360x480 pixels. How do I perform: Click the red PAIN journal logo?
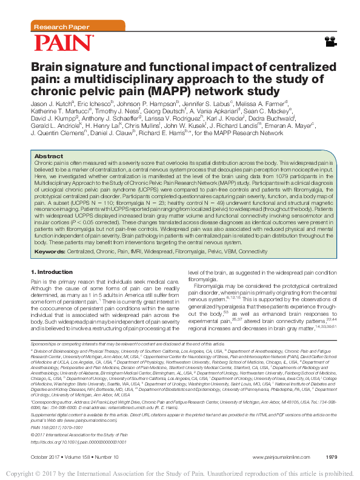tap(64, 42)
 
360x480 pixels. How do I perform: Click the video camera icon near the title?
tap(329, 41)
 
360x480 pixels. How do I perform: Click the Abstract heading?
tap(49, 156)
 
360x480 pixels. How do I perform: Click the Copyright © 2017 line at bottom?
tap(180, 473)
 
